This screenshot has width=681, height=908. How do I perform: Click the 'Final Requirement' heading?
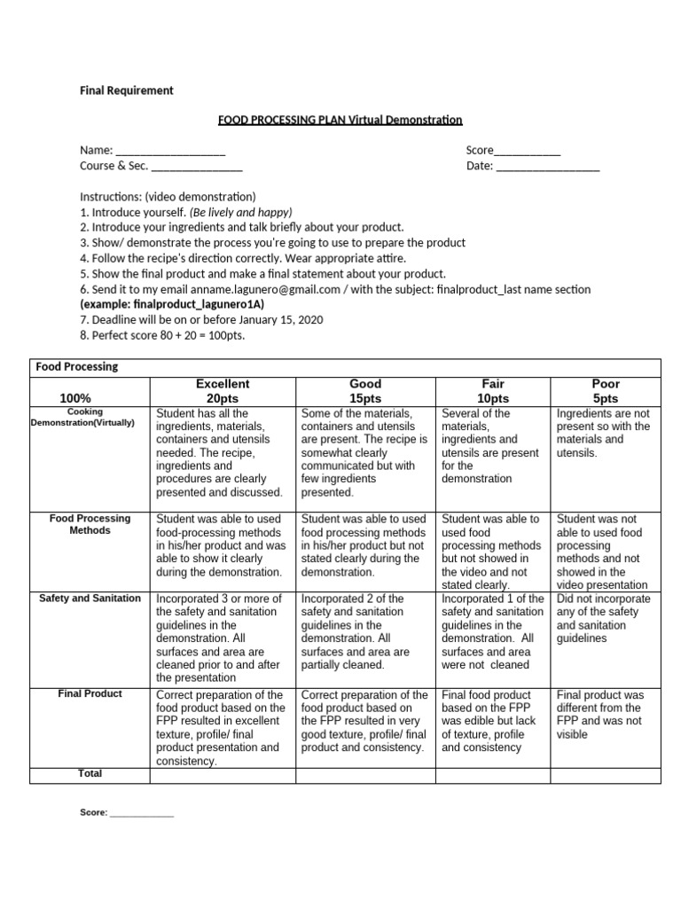tap(127, 90)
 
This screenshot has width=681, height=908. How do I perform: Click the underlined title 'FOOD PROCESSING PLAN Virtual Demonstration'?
tap(340, 119)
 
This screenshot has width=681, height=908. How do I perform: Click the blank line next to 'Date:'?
tap(548, 166)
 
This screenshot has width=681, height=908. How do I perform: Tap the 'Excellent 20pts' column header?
tap(223, 391)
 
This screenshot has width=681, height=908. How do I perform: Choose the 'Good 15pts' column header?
tap(365, 391)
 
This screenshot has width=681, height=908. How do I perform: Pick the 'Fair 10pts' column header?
tap(493, 391)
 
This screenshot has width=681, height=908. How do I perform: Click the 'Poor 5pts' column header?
tap(606, 391)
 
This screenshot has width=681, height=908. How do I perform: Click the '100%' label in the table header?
tap(75, 398)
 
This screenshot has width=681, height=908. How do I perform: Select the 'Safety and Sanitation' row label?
tap(90, 599)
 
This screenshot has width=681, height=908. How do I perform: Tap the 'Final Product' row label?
tap(90, 693)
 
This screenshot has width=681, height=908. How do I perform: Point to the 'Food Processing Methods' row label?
tap(90, 524)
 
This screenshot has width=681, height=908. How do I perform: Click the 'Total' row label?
tap(90, 774)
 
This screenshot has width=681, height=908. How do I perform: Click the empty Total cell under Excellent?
tap(223, 776)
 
